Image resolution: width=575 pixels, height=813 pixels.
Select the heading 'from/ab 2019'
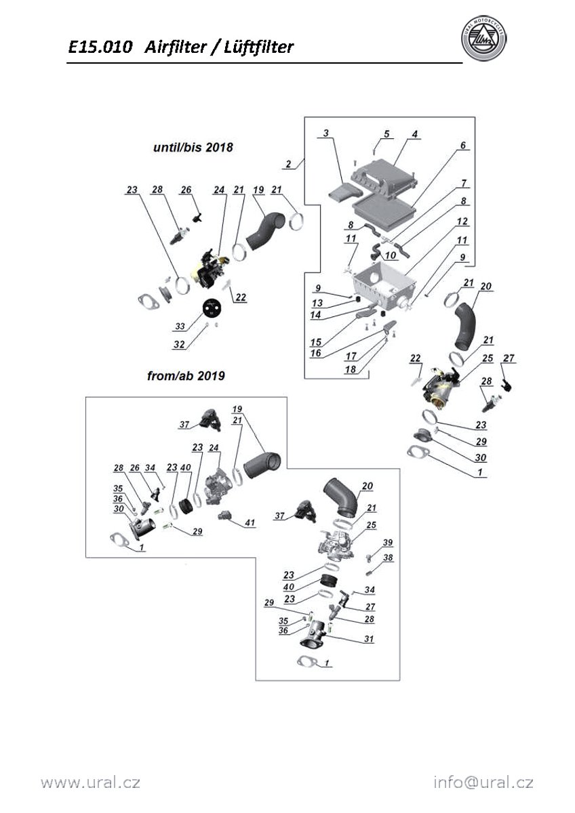pyautogui.click(x=186, y=375)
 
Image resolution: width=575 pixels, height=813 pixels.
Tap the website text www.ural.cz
pyautogui.click(x=90, y=783)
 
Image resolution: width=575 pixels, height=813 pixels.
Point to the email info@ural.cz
pyautogui.click(x=483, y=783)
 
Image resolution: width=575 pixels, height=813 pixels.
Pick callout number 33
pyautogui.click(x=180, y=327)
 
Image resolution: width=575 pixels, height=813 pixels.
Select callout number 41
pyautogui.click(x=250, y=522)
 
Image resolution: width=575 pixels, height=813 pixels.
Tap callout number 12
pyautogui.click(x=463, y=222)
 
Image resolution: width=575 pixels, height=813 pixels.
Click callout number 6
pyautogui.click(x=463, y=146)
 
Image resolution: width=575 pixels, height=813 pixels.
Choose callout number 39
pyautogui.click(x=388, y=543)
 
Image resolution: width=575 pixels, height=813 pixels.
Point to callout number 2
pyautogui.click(x=289, y=164)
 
